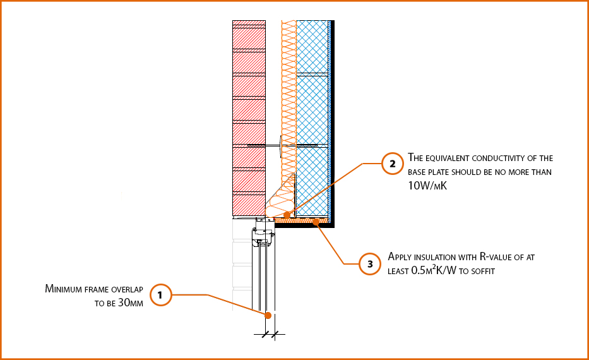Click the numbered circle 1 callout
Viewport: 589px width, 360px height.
pyautogui.click(x=160, y=295)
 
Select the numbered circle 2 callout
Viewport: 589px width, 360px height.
pyautogui.click(x=392, y=164)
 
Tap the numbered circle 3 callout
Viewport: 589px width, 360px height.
pyautogui.click(x=370, y=263)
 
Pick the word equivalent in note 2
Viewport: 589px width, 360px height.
pyautogui.click(x=454, y=158)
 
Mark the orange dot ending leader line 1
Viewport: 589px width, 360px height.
pyautogui.click(x=268, y=315)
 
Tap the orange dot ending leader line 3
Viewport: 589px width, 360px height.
pyautogui.click(x=316, y=222)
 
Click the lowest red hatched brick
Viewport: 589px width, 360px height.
pyautogui.click(x=248, y=204)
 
